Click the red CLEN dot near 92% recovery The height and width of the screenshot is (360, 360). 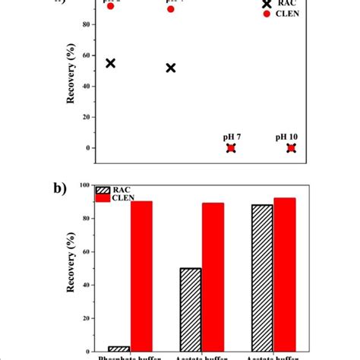(110, 6)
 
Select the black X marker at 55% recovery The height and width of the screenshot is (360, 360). (110, 63)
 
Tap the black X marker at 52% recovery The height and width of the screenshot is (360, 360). (170, 68)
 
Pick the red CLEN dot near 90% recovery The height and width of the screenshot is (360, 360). (170, 9)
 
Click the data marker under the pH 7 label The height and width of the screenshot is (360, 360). (231, 147)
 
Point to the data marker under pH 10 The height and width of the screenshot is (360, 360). (291, 147)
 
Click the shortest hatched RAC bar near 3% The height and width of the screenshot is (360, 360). (119, 349)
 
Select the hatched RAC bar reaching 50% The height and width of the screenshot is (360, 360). (190, 309)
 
